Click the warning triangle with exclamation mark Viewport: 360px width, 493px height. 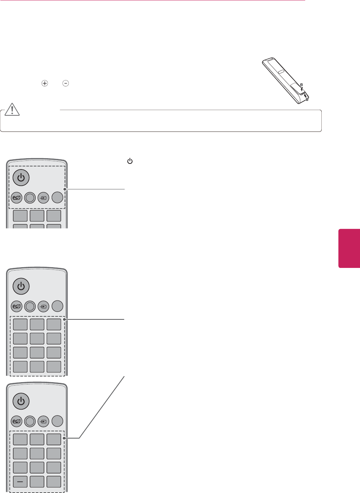[12, 109]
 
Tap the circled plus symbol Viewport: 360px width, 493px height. [45, 83]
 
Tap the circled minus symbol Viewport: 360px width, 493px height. [66, 83]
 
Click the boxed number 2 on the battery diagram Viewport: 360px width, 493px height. [301, 85]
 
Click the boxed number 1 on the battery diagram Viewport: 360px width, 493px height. [307, 99]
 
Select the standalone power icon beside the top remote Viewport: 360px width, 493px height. [130, 161]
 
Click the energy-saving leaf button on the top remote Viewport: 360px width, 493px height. [17, 198]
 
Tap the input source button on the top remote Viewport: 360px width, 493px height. [44, 198]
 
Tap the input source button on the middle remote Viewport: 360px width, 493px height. [44, 307]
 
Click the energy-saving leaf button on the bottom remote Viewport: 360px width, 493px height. [17, 422]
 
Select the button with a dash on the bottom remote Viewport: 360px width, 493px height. [20, 482]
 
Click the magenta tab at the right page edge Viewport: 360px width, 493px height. [349, 248]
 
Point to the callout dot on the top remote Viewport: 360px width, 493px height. [65, 189]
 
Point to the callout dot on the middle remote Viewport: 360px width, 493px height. [65, 319]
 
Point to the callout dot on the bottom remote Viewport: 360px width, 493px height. [65, 438]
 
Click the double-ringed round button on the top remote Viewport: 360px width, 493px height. [30, 198]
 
